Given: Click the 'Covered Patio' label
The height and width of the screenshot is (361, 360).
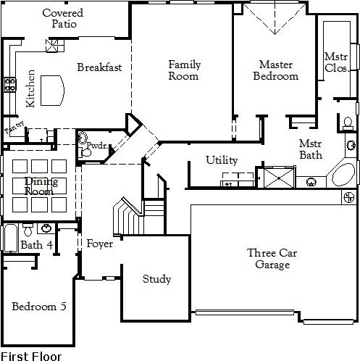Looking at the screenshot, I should pos(62,19).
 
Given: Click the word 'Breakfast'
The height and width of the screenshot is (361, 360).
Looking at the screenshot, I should pos(99,67).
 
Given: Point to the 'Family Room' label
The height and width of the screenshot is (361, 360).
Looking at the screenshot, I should pos(184,70).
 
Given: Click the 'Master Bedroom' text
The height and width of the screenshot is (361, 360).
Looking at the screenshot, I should pos(275,70).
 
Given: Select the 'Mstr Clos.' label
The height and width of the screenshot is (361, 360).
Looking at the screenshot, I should pos(336,62).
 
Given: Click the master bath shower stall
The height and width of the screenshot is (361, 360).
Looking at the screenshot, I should pos(277,178).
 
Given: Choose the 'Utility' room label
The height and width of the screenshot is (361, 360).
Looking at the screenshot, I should pos(222,160).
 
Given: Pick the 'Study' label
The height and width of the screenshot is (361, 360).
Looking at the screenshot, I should pos(156,279).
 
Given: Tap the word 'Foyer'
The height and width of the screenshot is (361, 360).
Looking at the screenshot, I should pos(99,244).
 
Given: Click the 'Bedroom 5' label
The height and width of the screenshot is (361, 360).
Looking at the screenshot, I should pos(39,307).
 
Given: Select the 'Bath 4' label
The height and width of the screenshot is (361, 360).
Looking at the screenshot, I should pos(36,245).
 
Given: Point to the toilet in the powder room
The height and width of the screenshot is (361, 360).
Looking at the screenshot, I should pos(85,153).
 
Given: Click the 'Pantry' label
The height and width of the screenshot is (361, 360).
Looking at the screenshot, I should pos(14,128).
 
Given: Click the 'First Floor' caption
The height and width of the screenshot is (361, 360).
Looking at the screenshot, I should pos(31,355).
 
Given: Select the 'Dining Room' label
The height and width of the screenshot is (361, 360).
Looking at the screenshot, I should pos(41,186).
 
